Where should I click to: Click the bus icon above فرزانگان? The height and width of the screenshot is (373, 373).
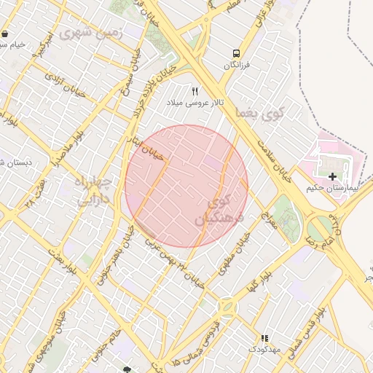[235, 53]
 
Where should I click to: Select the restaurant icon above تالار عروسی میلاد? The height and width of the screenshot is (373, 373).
[195, 91]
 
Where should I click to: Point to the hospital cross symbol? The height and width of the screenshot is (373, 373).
[333, 177]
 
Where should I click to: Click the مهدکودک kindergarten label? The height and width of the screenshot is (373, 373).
[264, 350]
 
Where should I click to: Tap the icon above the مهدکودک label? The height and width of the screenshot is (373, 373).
[264, 339]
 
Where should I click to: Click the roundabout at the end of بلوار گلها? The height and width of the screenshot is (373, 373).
[226, 307]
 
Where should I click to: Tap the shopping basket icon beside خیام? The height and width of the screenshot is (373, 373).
[5, 34]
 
